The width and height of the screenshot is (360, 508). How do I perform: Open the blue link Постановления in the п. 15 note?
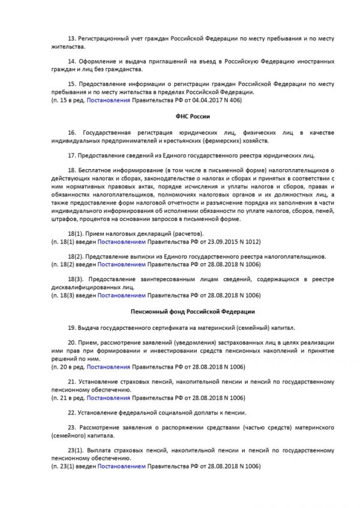108,101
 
